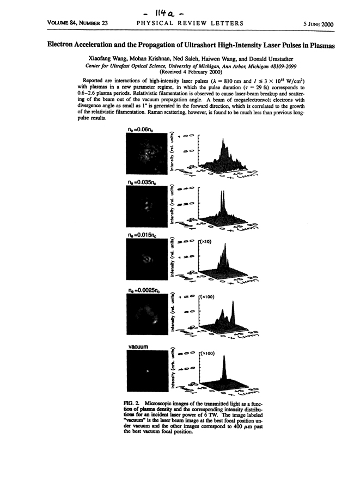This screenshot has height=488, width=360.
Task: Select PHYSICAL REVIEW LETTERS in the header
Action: (182, 24)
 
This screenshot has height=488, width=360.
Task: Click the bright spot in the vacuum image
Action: (148, 372)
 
